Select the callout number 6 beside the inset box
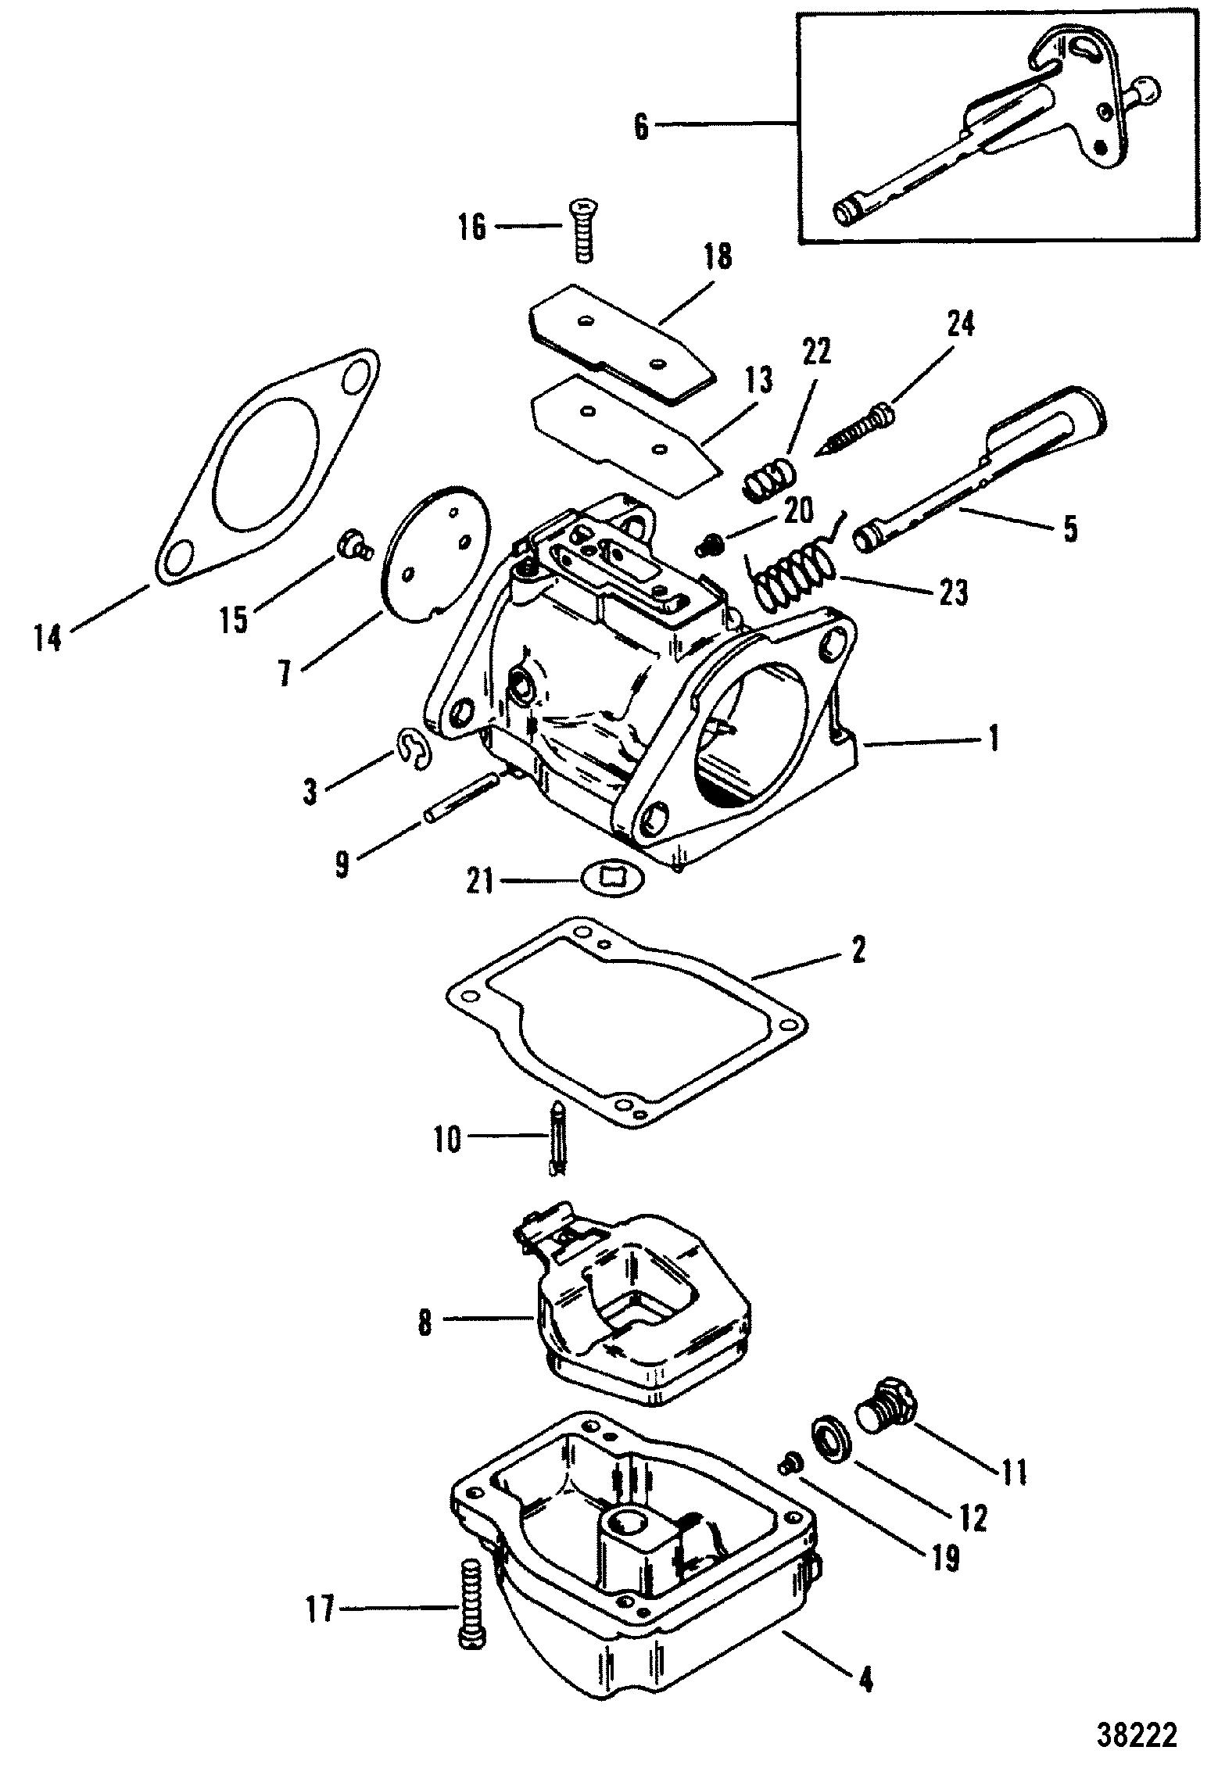[x=641, y=127]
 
